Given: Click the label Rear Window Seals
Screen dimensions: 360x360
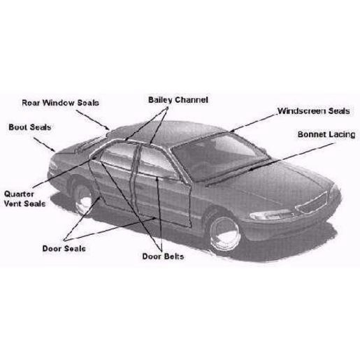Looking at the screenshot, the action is (x=60, y=103).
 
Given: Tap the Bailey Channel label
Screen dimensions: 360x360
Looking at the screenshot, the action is (x=178, y=100).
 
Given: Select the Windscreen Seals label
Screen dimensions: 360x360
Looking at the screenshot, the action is (x=314, y=111).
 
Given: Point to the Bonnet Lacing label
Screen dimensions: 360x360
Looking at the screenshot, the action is (x=326, y=135).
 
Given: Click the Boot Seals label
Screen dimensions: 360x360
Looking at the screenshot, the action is (x=30, y=127).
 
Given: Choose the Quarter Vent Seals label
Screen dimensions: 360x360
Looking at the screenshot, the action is (x=24, y=199).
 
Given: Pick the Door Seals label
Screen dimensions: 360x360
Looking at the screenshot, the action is (x=64, y=249).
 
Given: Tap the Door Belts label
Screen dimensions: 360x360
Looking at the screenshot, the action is (x=163, y=257).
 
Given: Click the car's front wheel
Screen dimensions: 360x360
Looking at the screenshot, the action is (x=224, y=233).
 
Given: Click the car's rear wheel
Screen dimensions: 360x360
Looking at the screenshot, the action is (x=82, y=199).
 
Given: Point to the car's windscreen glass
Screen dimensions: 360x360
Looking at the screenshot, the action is (x=219, y=156).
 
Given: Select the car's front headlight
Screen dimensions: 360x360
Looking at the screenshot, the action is (x=271, y=215).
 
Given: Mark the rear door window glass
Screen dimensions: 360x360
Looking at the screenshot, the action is (x=117, y=155).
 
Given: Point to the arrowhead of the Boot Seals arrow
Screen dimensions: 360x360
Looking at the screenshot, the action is (x=54, y=150).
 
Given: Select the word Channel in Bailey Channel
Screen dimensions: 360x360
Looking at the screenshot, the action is (x=192, y=100).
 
